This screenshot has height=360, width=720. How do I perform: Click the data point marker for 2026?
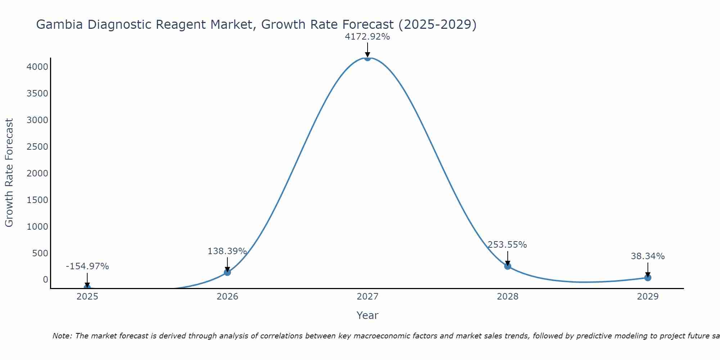pos(227,272)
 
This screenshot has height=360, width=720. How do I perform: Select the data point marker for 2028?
pos(508,266)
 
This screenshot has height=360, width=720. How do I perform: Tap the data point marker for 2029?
pos(648,278)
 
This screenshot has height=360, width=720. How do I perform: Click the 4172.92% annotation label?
pos(367,37)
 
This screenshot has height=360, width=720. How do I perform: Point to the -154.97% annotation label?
pos(87,266)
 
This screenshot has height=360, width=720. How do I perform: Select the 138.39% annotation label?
pos(227,251)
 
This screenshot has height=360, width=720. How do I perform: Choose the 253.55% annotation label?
pos(507,245)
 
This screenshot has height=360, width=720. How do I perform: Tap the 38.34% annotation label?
pos(648,256)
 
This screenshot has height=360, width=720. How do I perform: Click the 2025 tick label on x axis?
pos(87,297)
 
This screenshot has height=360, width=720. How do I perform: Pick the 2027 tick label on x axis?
pos(367,297)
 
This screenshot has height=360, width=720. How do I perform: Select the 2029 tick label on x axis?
pos(648,297)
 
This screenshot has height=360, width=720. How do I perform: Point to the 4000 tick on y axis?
pos(37,67)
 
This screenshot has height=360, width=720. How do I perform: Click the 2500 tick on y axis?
pos(37,147)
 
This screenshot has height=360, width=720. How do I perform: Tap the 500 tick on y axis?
pos(40,253)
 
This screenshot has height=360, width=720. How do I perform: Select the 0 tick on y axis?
pos(45,280)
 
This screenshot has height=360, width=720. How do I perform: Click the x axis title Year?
pos(367,315)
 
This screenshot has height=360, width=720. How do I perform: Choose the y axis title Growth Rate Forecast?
pos(9,173)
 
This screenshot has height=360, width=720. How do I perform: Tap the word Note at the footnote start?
pos(62,336)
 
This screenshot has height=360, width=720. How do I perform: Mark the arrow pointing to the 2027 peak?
pos(367,50)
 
